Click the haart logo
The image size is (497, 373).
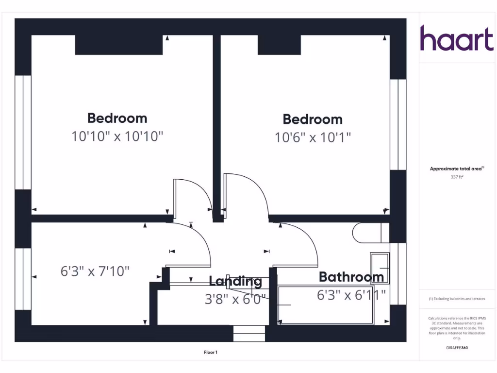456,38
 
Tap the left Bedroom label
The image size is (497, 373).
117,118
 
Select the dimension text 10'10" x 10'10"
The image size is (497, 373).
117,136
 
